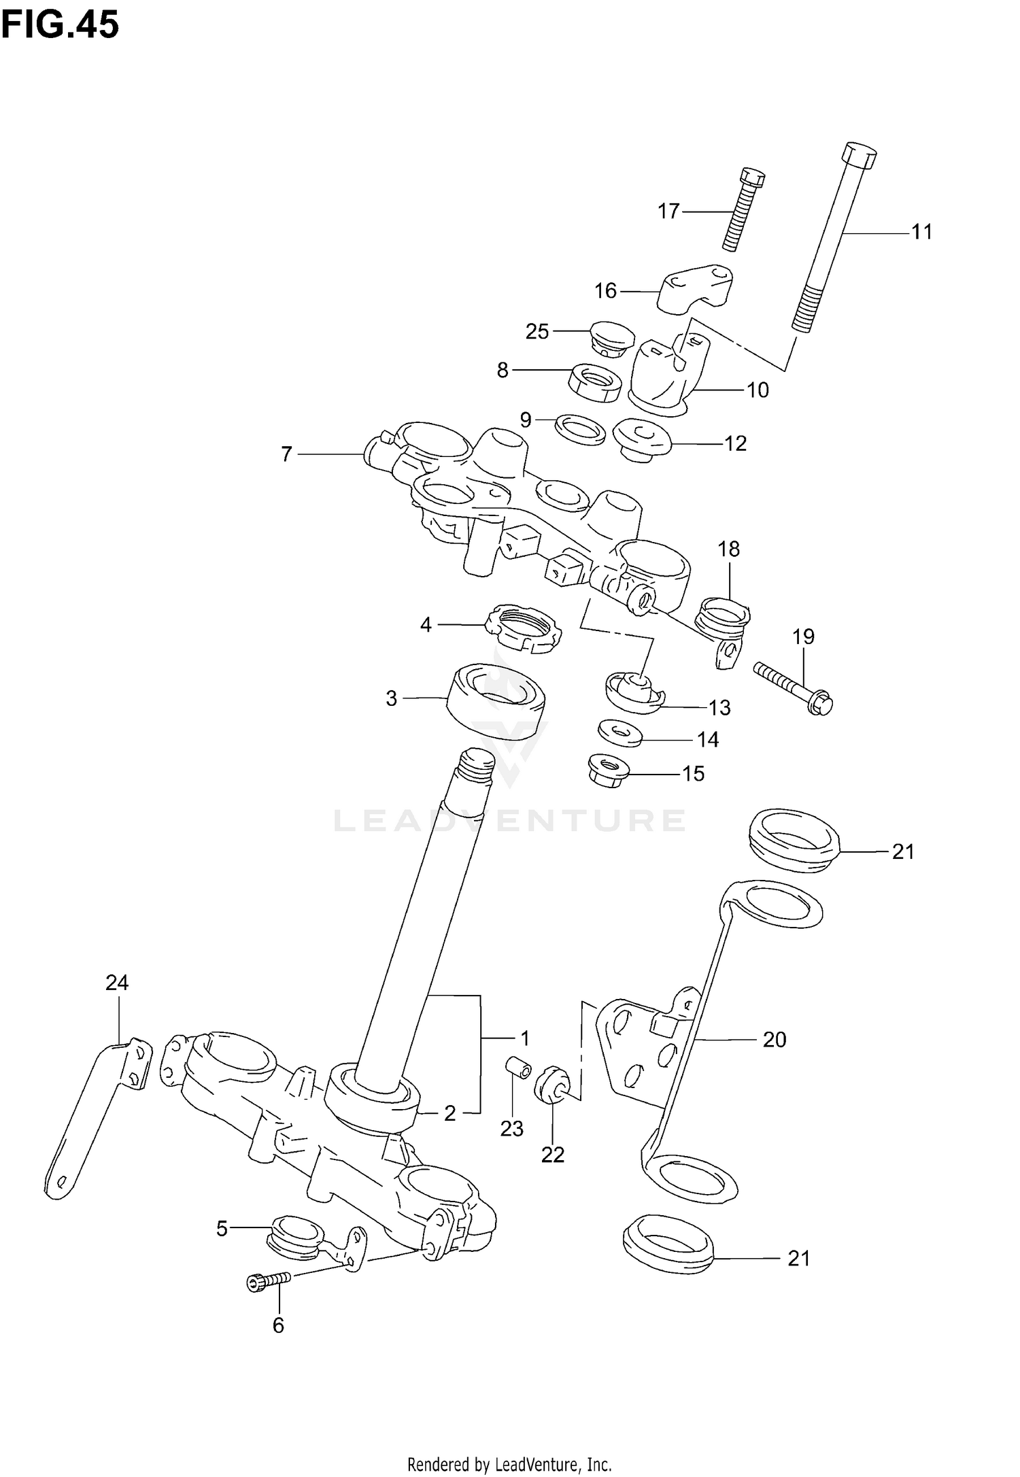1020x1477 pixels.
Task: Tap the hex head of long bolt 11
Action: click(859, 156)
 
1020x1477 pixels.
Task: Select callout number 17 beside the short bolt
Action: click(668, 211)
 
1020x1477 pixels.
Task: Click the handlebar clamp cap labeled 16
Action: click(697, 289)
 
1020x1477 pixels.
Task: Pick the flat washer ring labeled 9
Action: click(580, 428)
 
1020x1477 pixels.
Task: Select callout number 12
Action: click(736, 443)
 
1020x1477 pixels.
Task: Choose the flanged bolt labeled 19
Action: click(794, 689)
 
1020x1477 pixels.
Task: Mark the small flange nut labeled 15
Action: click(607, 770)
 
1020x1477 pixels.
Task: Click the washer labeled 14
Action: click(619, 734)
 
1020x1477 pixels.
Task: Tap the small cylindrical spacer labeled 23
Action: click(518, 1070)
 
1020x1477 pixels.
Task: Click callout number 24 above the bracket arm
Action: click(117, 982)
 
